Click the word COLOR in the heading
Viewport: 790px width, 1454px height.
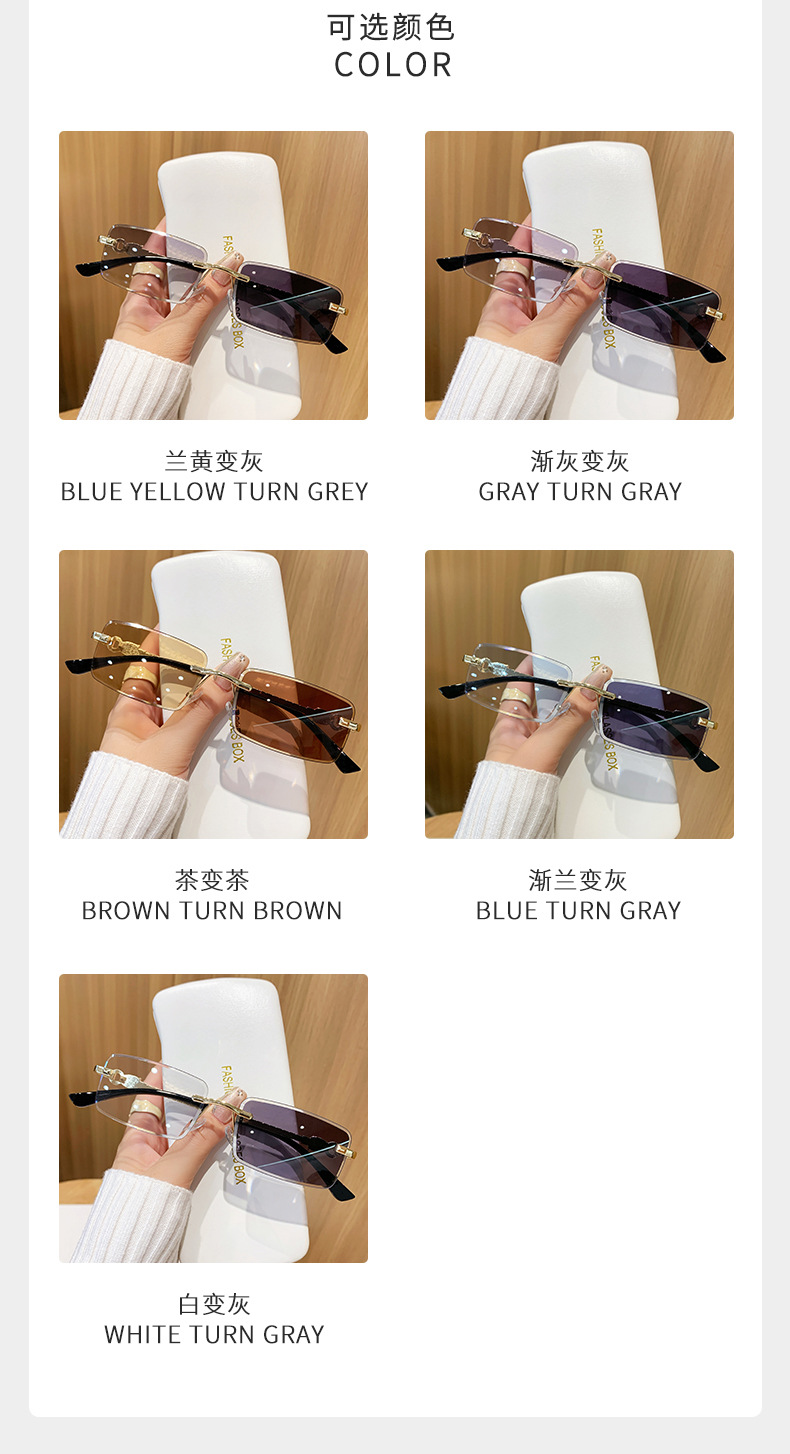point(393,65)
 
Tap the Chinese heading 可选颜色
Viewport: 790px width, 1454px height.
point(391,27)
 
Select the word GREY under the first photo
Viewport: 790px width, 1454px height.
point(338,492)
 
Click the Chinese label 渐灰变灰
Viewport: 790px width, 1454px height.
point(580,462)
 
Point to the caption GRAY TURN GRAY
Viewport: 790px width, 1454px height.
point(580,492)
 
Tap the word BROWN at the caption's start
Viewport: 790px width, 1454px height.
point(125,911)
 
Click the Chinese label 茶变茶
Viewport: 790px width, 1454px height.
point(212,880)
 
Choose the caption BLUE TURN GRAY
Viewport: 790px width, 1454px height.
point(578,911)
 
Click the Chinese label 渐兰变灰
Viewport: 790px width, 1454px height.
point(578,880)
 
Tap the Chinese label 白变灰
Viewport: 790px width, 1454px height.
point(214,1304)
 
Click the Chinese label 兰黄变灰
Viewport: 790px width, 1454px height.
point(214,462)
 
